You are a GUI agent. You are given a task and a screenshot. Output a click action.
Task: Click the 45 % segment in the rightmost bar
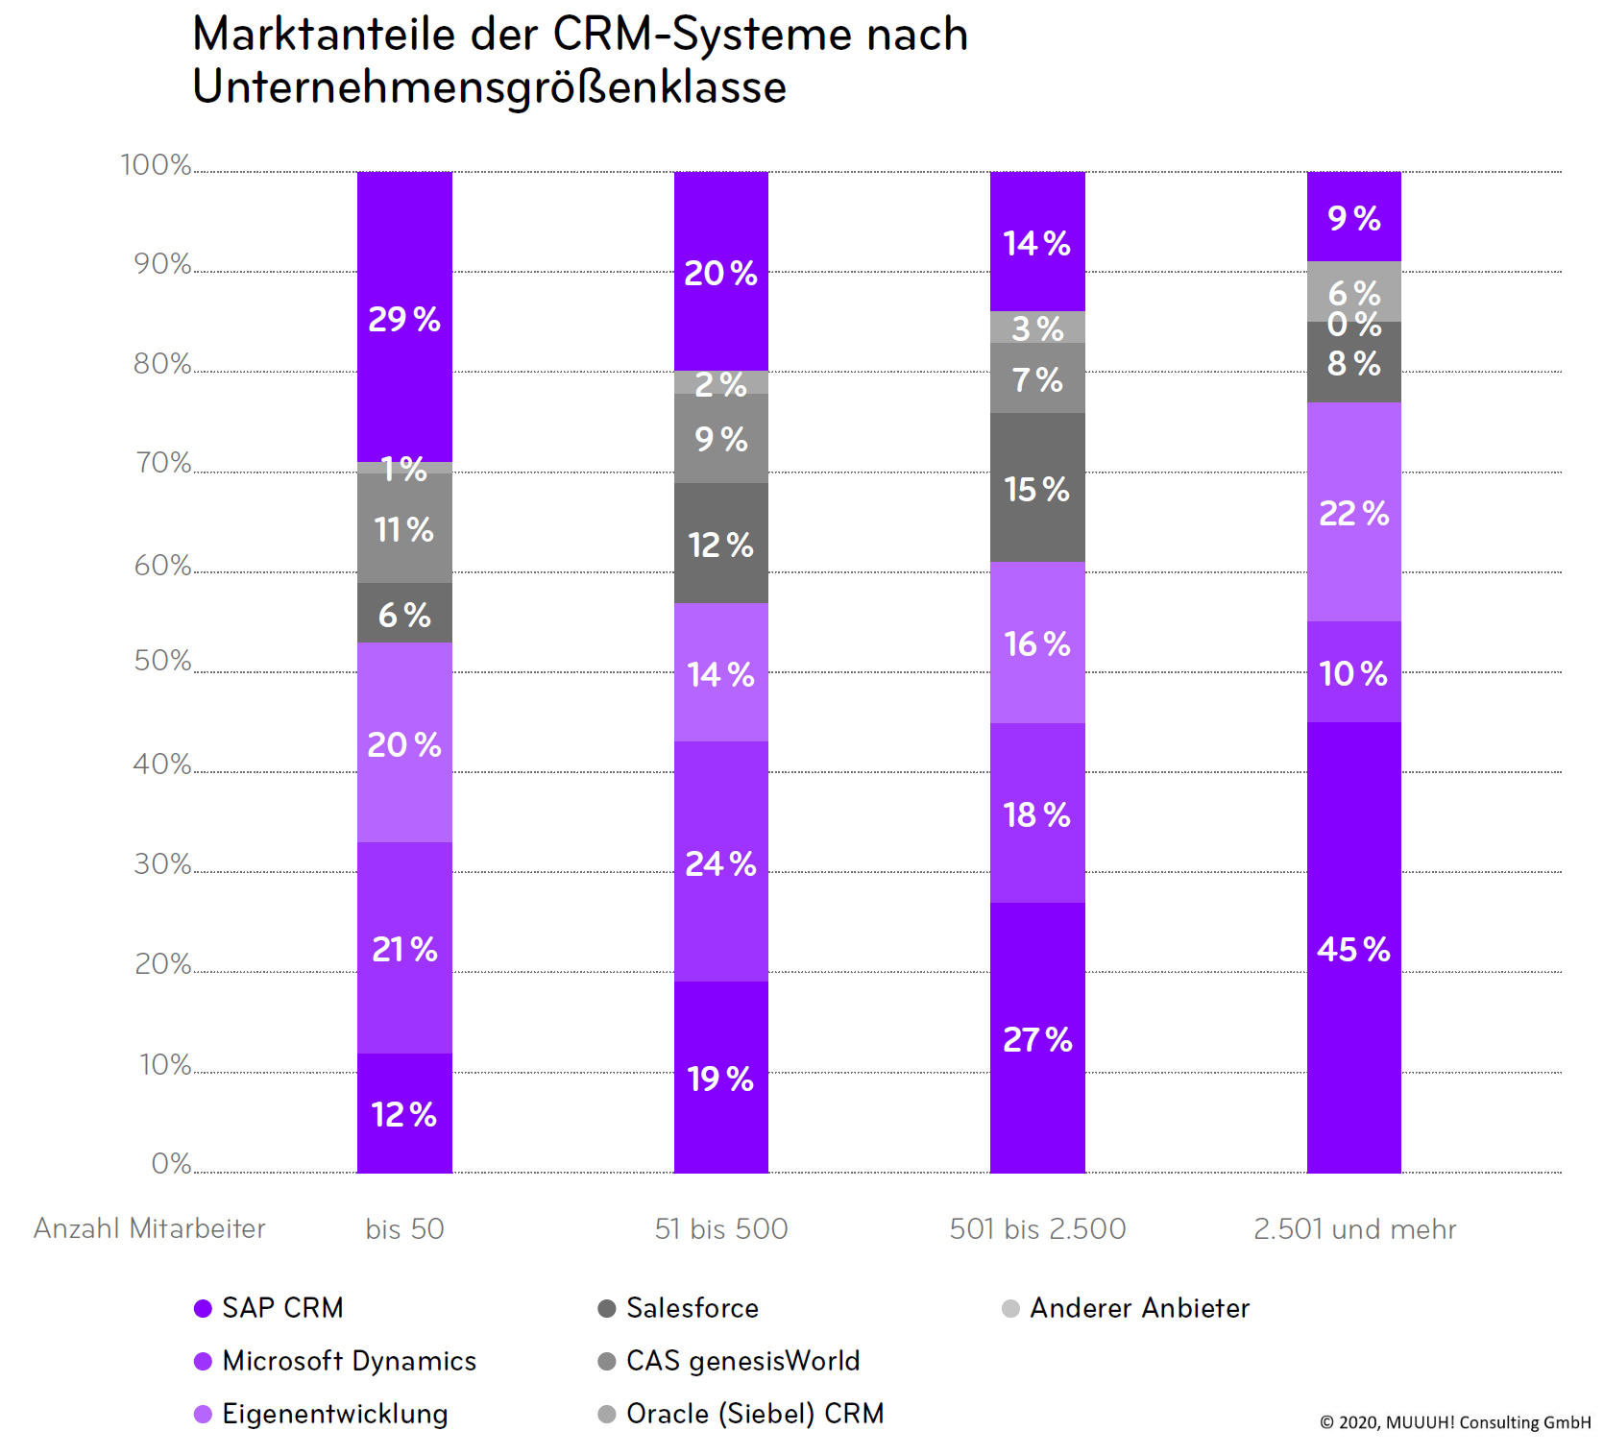(1353, 948)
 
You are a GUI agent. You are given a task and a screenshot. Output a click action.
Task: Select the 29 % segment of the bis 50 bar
(404, 318)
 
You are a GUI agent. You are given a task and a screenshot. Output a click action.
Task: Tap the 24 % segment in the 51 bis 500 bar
(720, 862)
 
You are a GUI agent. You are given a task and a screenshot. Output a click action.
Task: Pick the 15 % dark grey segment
(1037, 488)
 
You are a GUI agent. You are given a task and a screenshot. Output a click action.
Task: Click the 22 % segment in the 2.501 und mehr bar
(1353, 513)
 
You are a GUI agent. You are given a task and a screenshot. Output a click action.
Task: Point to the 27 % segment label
(1037, 1039)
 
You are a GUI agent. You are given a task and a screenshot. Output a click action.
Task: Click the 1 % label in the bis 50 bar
(404, 469)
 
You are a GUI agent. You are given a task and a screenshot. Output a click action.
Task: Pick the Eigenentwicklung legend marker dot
(203, 1414)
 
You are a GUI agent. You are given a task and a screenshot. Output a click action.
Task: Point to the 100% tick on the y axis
(156, 165)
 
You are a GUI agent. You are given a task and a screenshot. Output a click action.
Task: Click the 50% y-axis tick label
(162, 661)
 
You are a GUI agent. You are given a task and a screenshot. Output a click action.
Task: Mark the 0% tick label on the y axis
(171, 1164)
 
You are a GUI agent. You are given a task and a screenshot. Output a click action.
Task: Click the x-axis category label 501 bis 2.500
(1037, 1228)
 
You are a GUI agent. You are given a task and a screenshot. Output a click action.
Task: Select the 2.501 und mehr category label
(1354, 1228)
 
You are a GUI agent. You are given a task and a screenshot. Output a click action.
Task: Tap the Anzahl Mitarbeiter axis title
(150, 1228)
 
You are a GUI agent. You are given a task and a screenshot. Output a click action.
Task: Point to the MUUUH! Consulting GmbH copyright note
(1454, 1422)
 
